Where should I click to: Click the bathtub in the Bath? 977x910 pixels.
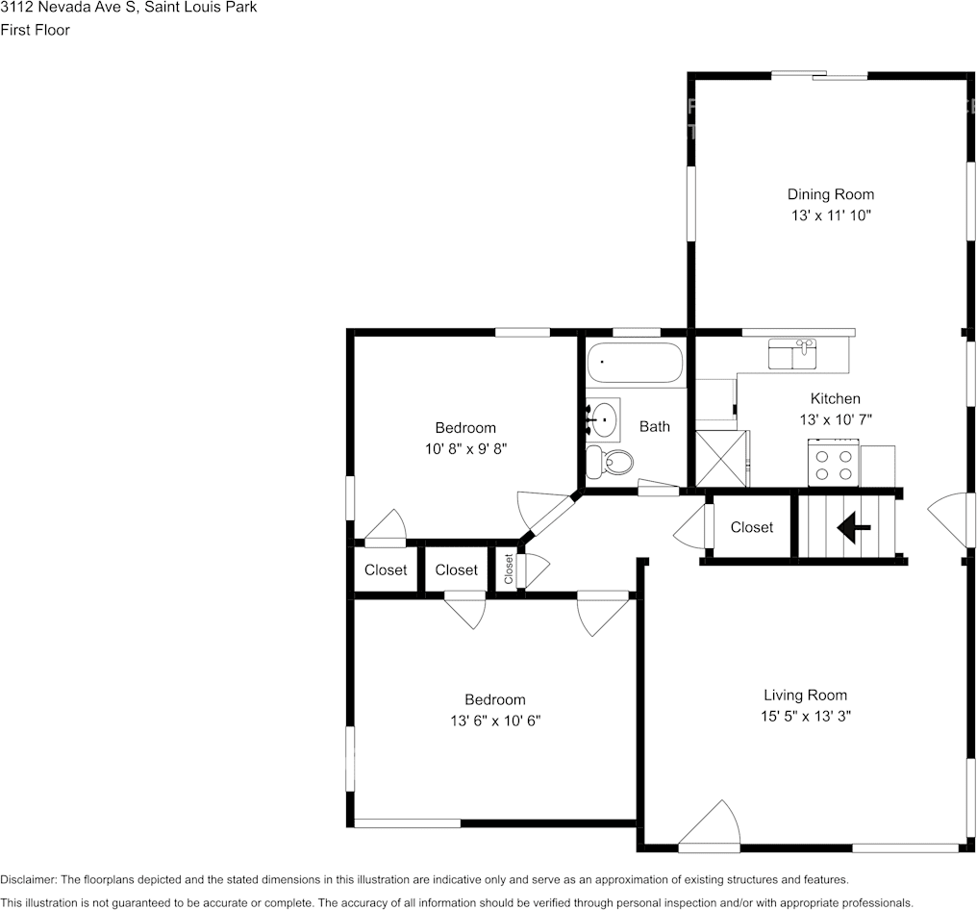click(635, 364)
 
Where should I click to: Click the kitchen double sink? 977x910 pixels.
click(793, 354)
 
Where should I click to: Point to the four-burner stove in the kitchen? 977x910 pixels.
click(834, 464)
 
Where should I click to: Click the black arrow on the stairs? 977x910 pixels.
click(853, 527)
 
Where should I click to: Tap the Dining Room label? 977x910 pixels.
click(831, 194)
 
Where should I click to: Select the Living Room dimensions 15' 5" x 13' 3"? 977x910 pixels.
click(806, 716)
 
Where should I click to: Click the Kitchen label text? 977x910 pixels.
click(835, 398)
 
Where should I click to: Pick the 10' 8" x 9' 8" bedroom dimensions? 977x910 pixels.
click(465, 448)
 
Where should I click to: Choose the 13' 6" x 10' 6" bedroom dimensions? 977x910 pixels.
click(495, 720)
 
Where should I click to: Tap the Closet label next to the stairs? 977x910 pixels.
click(752, 527)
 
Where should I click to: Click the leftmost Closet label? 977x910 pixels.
click(386, 569)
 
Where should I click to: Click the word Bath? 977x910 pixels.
click(655, 426)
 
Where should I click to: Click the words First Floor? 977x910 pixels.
click(35, 30)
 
